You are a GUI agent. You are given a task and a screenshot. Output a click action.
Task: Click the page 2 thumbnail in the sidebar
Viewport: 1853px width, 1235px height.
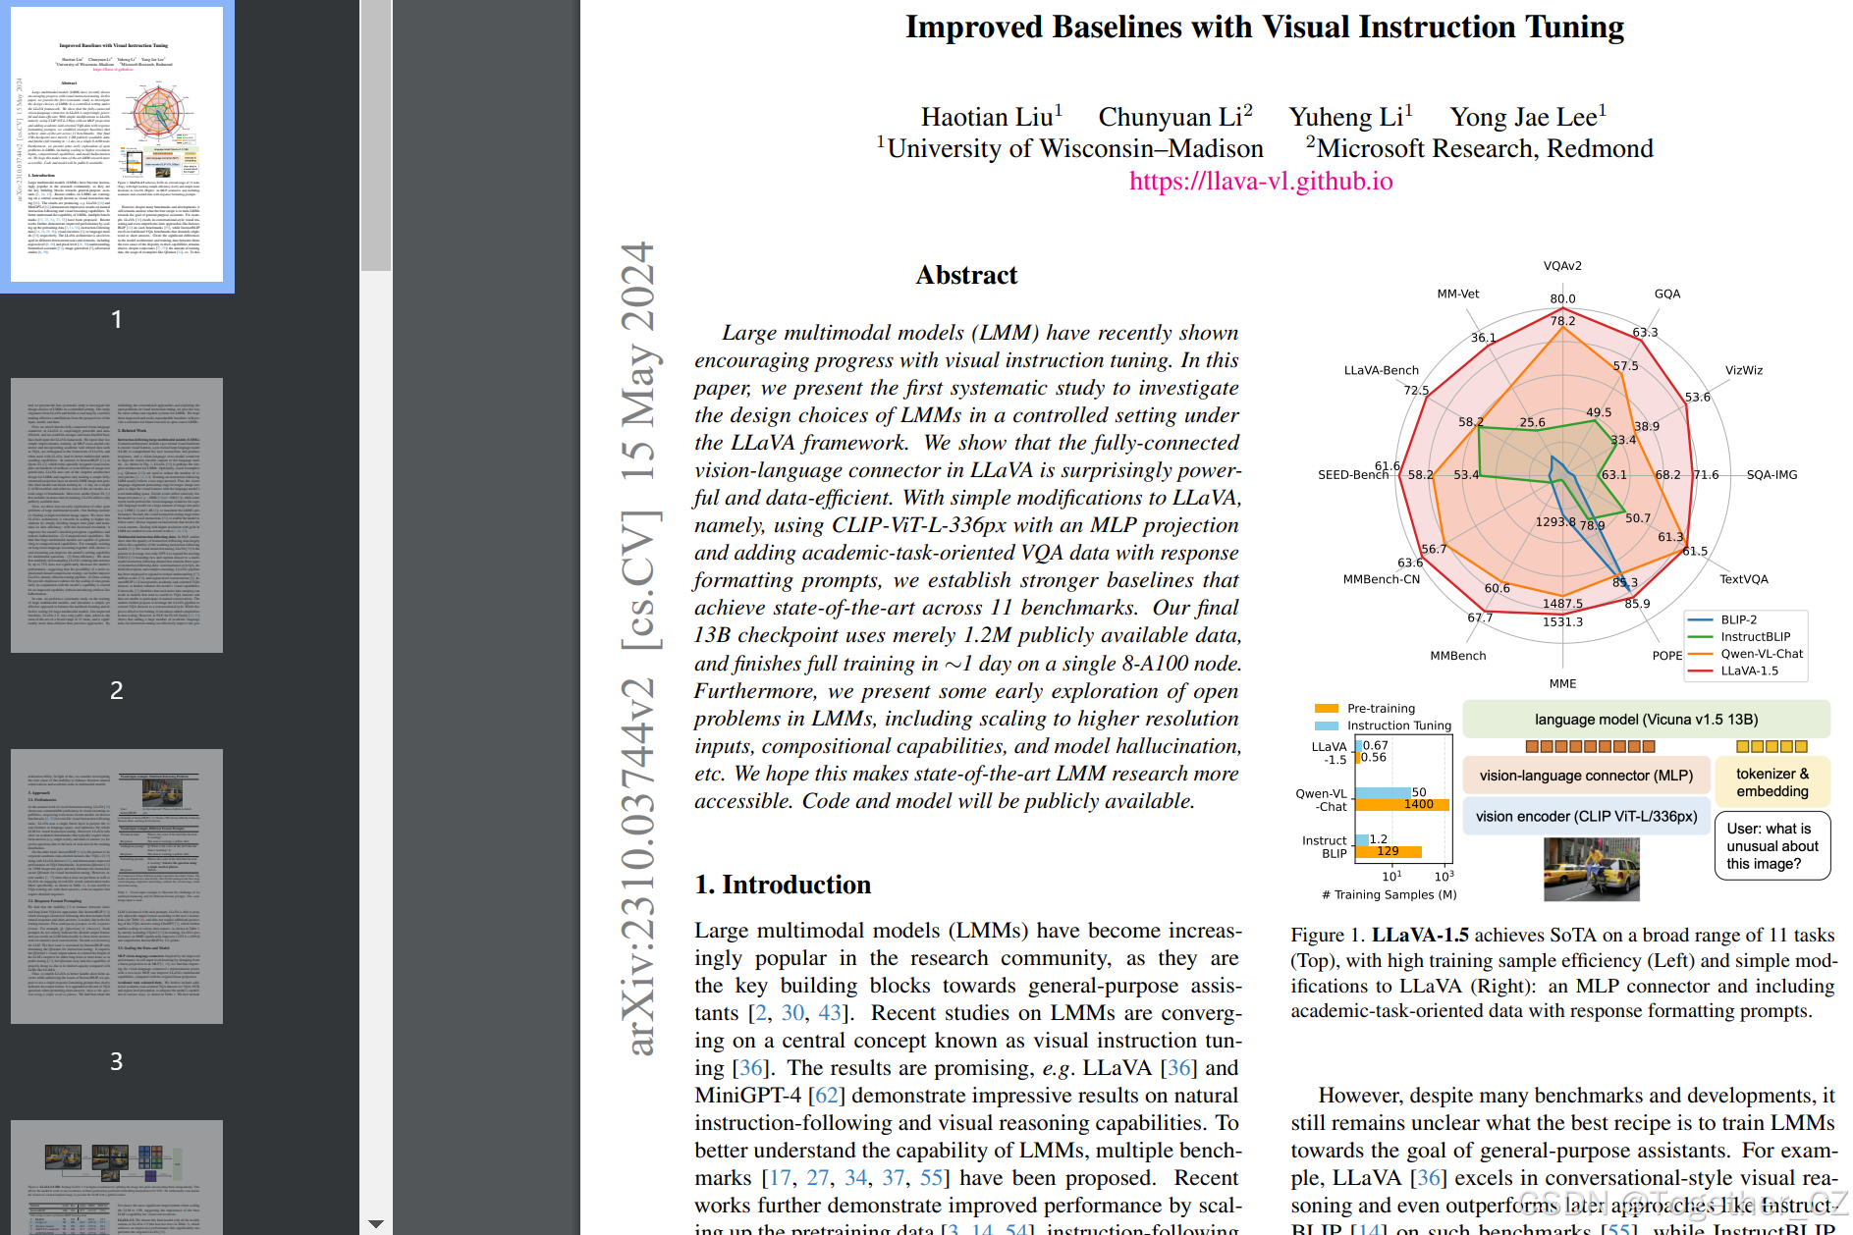(x=117, y=515)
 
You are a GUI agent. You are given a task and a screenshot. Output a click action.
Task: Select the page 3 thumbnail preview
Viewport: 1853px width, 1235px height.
(x=117, y=886)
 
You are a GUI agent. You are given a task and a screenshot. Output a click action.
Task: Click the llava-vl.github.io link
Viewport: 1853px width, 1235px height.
(x=1261, y=182)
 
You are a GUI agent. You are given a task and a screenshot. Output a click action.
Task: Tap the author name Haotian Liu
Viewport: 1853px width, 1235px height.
(x=987, y=118)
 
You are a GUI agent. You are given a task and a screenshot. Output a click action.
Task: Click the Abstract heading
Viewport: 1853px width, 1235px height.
(x=966, y=275)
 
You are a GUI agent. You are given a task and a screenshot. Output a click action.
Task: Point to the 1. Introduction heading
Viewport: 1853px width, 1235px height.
(x=783, y=885)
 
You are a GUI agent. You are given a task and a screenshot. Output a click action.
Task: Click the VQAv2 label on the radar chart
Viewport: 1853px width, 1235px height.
(x=1562, y=266)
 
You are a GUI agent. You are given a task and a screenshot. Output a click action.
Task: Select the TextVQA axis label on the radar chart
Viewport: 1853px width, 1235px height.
(x=1743, y=579)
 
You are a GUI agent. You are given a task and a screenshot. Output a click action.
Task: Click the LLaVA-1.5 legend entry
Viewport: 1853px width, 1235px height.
(x=1749, y=671)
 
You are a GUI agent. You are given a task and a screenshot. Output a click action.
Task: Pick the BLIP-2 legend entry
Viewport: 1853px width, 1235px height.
(x=1738, y=619)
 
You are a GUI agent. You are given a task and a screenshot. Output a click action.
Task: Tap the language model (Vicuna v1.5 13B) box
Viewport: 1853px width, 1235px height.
(x=1646, y=720)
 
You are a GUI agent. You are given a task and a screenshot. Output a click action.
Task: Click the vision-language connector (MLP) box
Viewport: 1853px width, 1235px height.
(x=1586, y=776)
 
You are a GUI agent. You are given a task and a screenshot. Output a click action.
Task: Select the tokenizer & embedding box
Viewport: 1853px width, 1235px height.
(x=1771, y=782)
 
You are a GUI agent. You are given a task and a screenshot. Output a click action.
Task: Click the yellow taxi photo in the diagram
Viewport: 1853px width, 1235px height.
(x=1591, y=869)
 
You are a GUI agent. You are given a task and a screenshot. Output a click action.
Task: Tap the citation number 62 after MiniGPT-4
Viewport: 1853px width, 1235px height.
(x=826, y=1096)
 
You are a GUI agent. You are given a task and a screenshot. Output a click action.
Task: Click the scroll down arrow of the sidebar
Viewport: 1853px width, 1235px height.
(x=376, y=1224)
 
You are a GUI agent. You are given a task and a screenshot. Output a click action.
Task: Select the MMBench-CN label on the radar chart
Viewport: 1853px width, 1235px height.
(x=1381, y=579)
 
